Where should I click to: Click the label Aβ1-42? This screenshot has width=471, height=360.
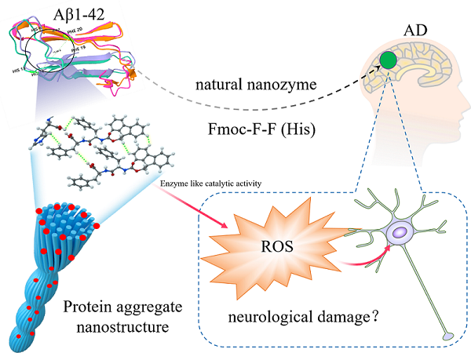[x=60, y=13]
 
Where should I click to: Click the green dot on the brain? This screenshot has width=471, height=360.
[x=386, y=60]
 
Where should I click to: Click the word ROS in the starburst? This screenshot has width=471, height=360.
[x=279, y=245]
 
